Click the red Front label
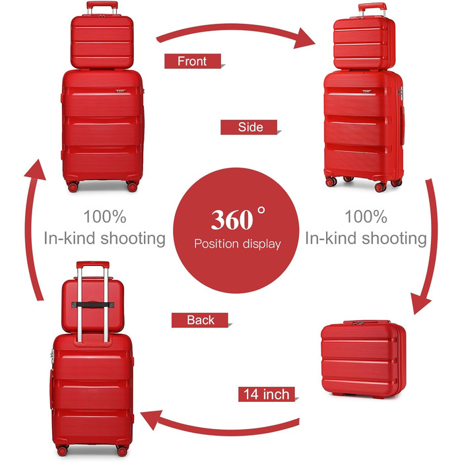192,61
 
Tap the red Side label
250,127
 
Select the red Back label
200,320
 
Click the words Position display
237,244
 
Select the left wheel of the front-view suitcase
71,187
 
